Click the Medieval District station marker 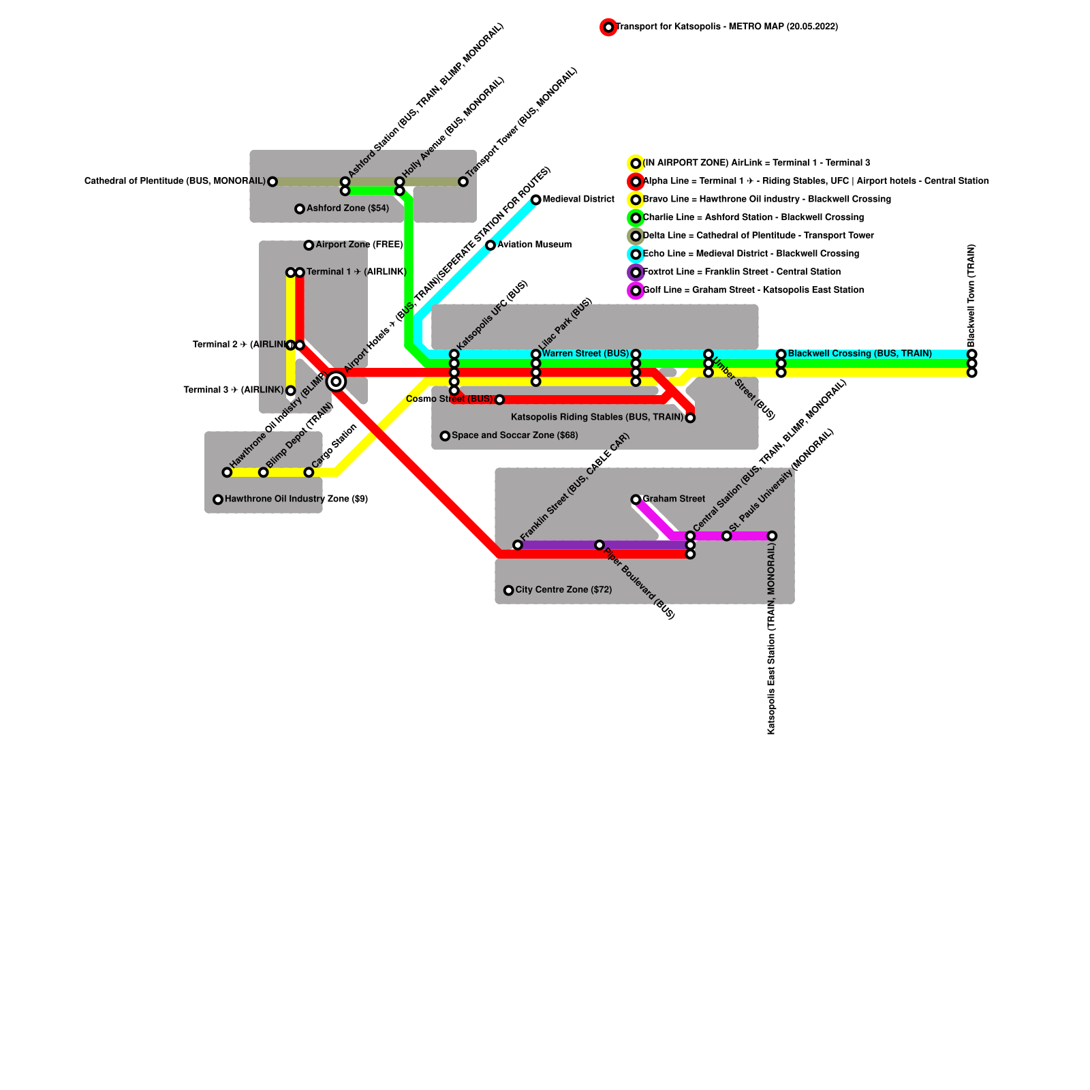(x=536, y=200)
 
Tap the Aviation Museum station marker (x=490, y=245)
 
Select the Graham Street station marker (x=636, y=499)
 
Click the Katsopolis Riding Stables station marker (x=690, y=418)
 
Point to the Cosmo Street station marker (x=499, y=399)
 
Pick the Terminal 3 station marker (x=290, y=390)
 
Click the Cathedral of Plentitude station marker (x=272, y=181)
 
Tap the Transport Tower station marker (x=463, y=181)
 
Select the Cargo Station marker (x=309, y=472)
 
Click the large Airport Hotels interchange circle (x=336, y=381)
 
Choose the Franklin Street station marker (x=518, y=545)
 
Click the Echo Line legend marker (x=636, y=254)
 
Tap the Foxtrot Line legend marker (x=636, y=272)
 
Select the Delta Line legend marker (x=636, y=236)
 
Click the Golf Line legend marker (x=636, y=290)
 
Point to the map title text (x=726, y=27)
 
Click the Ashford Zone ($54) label (x=347, y=208)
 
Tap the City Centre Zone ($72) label (x=563, y=590)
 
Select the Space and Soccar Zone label (x=514, y=435)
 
